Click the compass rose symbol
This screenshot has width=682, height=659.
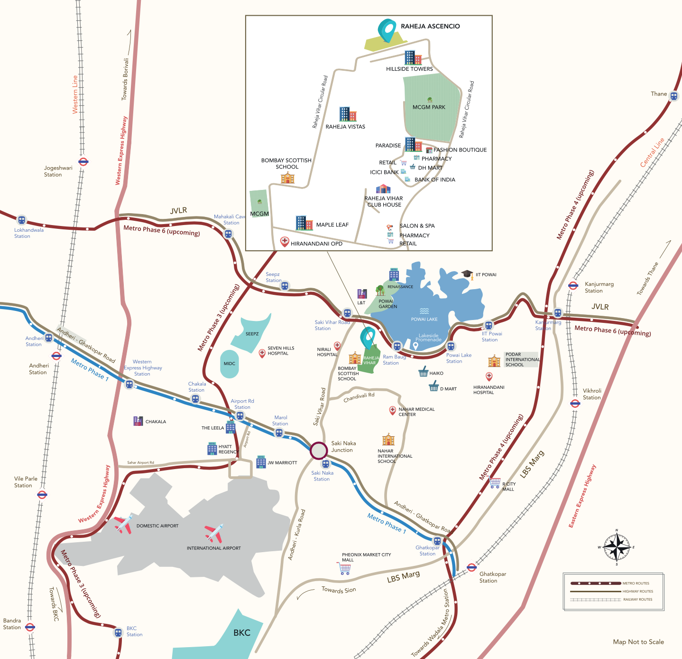[x=617, y=547]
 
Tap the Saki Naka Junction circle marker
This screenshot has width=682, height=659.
[x=319, y=451]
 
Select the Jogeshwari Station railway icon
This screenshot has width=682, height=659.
[x=83, y=161]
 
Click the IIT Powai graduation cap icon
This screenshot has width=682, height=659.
[x=467, y=274]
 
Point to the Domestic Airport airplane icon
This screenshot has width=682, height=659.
[x=123, y=524]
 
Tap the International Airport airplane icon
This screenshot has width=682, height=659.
[x=214, y=534]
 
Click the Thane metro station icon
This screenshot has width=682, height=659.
[x=674, y=96]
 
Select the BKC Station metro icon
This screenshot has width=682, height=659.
[x=118, y=632]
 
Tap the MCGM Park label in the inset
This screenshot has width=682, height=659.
[x=429, y=107]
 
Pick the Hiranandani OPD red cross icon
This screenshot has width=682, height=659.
[x=285, y=242]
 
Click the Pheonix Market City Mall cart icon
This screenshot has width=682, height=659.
[x=345, y=569]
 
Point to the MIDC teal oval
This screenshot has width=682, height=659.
[x=230, y=364]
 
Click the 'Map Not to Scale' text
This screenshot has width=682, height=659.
[x=638, y=642]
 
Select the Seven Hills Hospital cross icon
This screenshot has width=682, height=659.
[x=262, y=353]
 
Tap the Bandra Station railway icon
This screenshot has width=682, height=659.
[x=30, y=627]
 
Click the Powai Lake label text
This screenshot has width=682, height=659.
[x=424, y=319]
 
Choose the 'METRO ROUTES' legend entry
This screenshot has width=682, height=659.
[x=636, y=583]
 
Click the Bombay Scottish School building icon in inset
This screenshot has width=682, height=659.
[x=287, y=178]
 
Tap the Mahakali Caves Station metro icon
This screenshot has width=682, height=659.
[x=228, y=234]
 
